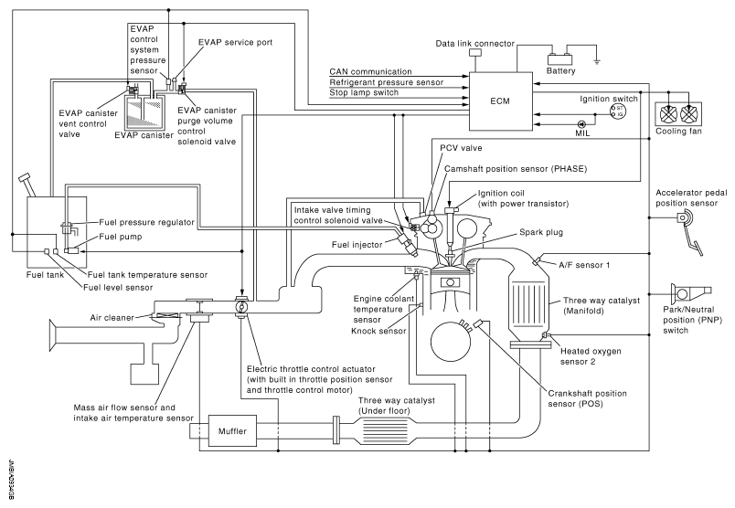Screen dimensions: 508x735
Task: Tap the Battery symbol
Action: coord(561,57)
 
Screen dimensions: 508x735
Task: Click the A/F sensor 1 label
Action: coord(586,264)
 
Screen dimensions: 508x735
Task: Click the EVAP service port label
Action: coord(233,42)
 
